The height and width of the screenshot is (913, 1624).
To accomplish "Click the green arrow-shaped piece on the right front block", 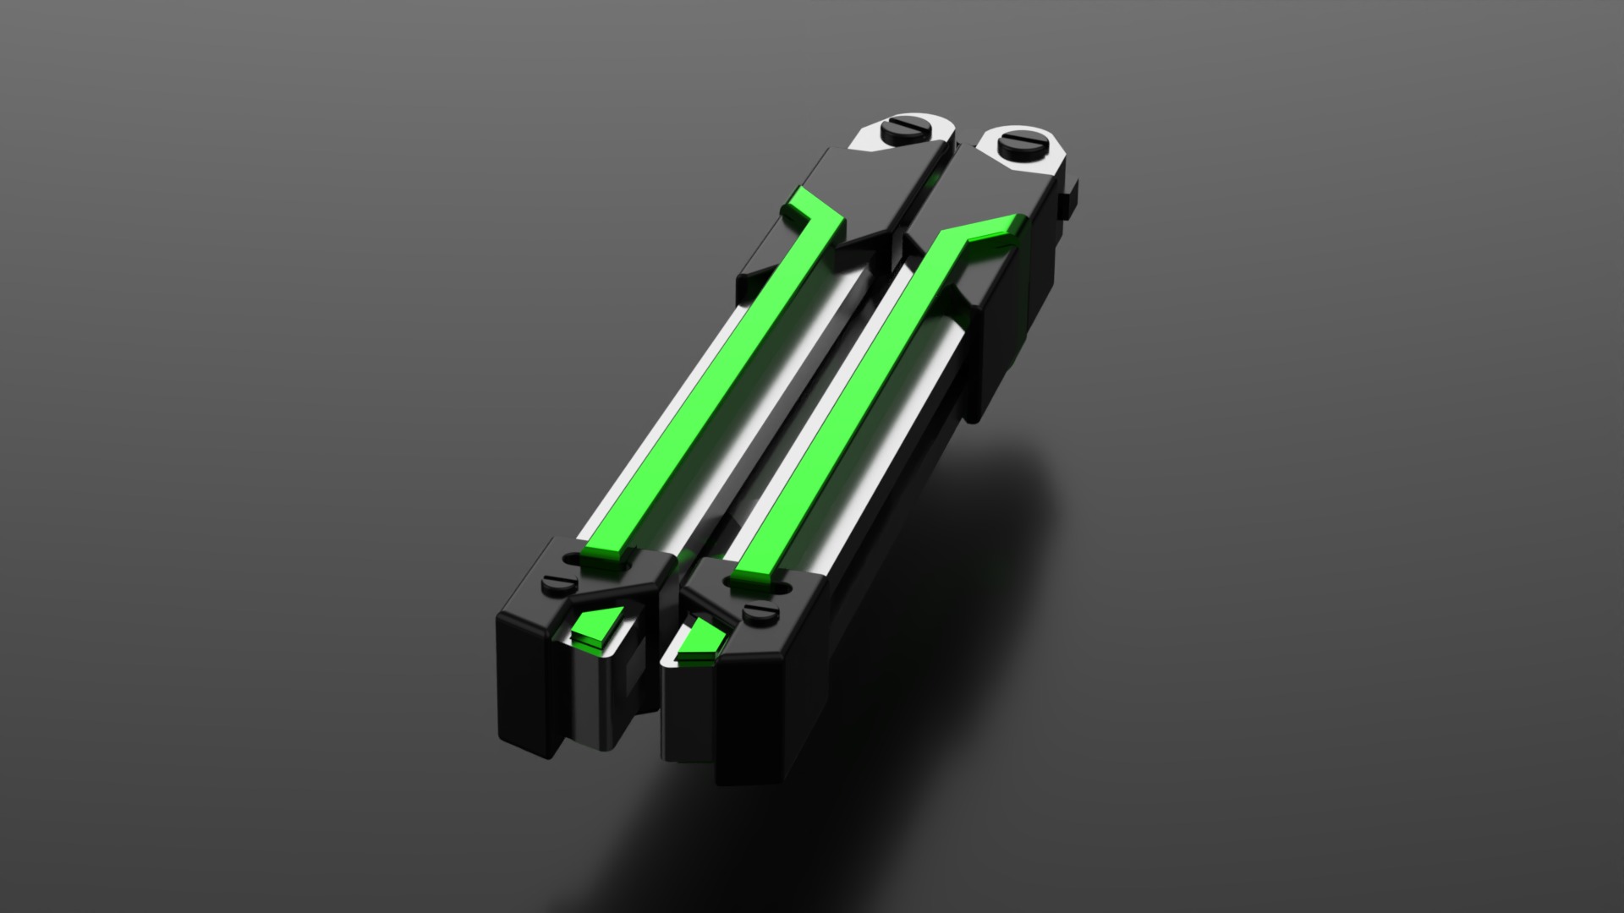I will (x=701, y=640).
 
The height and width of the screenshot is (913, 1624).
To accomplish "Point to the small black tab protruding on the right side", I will (x=1069, y=193).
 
